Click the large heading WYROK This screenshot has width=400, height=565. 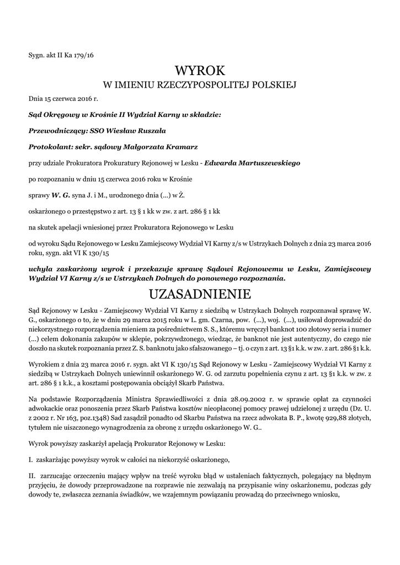click(200, 71)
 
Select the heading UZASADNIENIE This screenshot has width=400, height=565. click(200, 293)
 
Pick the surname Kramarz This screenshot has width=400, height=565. click(177, 147)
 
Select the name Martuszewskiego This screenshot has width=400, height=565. click(252, 163)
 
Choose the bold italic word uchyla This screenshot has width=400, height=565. click(41, 269)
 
